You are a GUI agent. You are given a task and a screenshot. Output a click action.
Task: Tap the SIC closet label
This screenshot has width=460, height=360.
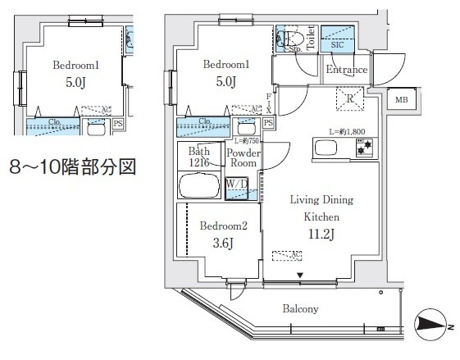335,45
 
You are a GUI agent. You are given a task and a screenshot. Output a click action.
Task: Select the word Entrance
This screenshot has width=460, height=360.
346,70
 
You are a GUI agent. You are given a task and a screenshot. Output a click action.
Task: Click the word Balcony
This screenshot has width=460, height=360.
303,308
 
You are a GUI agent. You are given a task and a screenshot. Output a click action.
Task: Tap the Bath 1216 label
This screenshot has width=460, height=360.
199,157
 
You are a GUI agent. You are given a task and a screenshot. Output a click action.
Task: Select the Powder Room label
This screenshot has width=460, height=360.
243,158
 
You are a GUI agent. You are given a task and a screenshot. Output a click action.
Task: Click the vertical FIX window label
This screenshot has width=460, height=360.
268,103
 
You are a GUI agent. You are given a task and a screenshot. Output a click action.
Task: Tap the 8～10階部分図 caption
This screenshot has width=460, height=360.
71,168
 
